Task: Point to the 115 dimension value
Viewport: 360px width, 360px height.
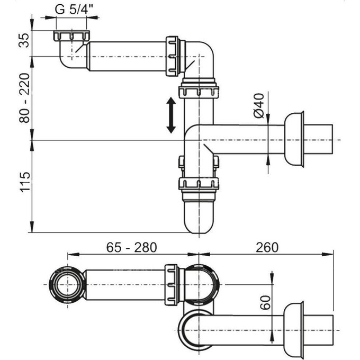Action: click(x=23, y=183)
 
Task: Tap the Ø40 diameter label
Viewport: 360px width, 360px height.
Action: click(x=259, y=106)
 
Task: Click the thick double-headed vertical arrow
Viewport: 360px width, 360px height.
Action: click(x=171, y=114)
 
